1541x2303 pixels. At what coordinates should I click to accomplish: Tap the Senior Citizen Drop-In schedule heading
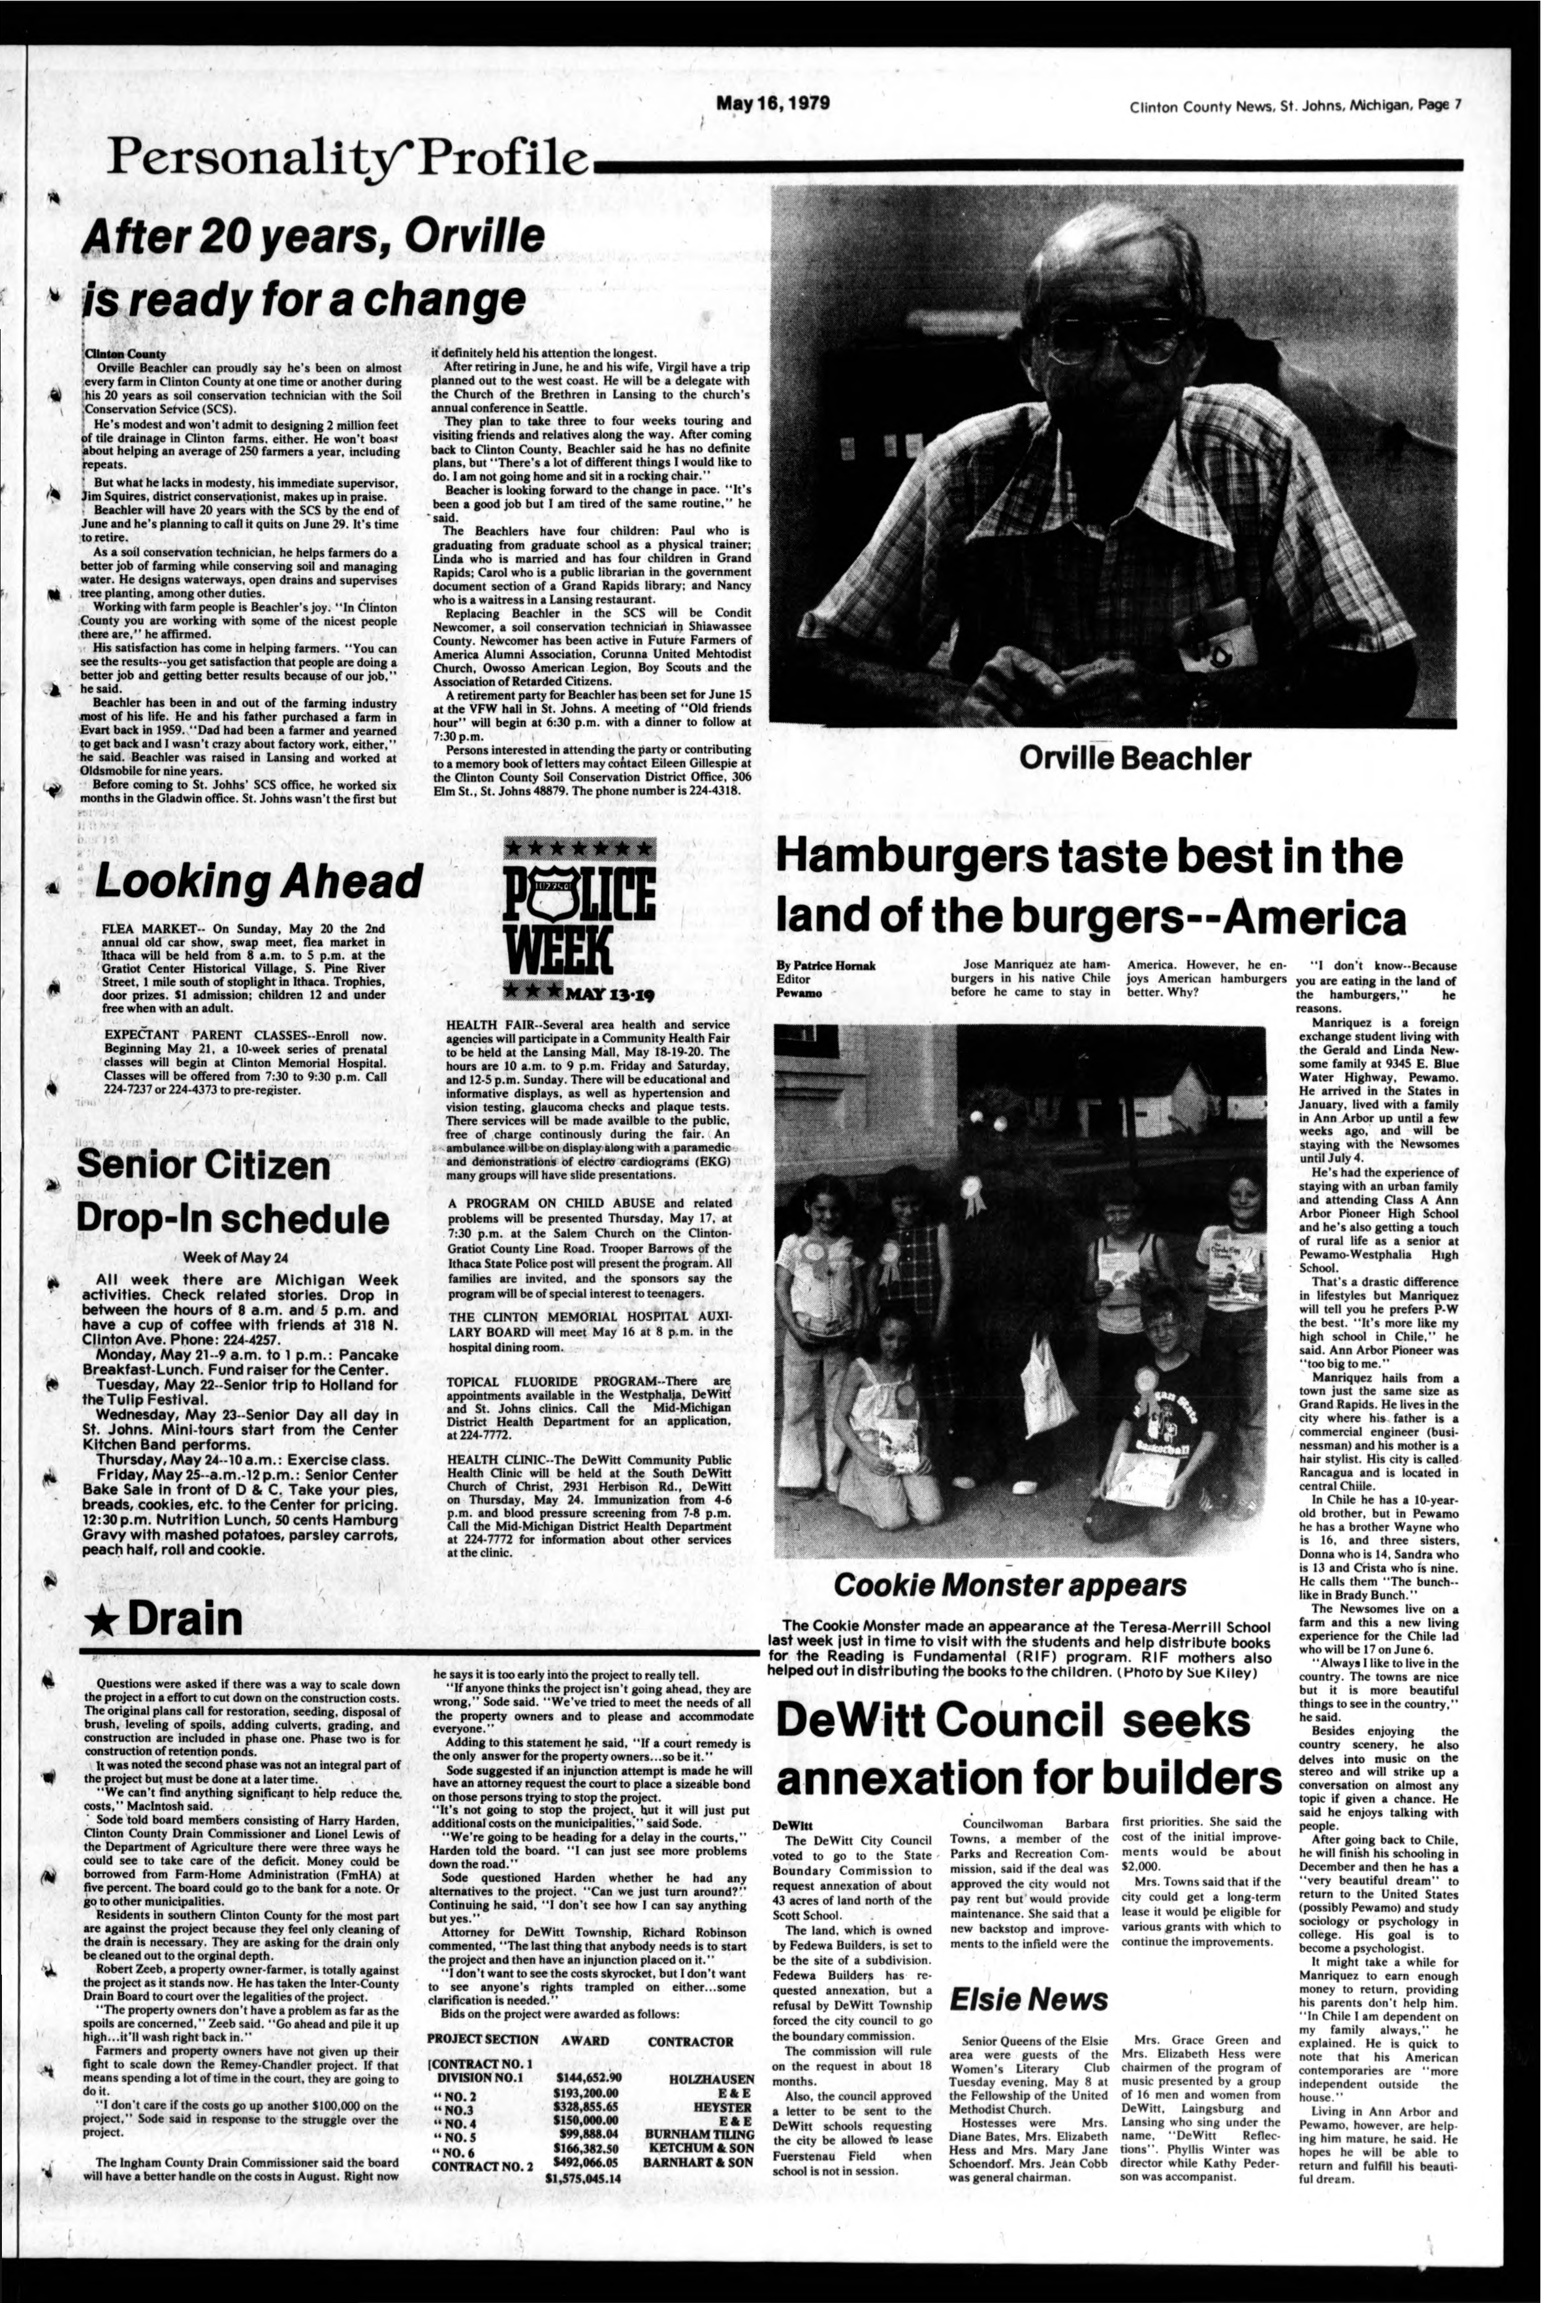tap(233, 1191)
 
